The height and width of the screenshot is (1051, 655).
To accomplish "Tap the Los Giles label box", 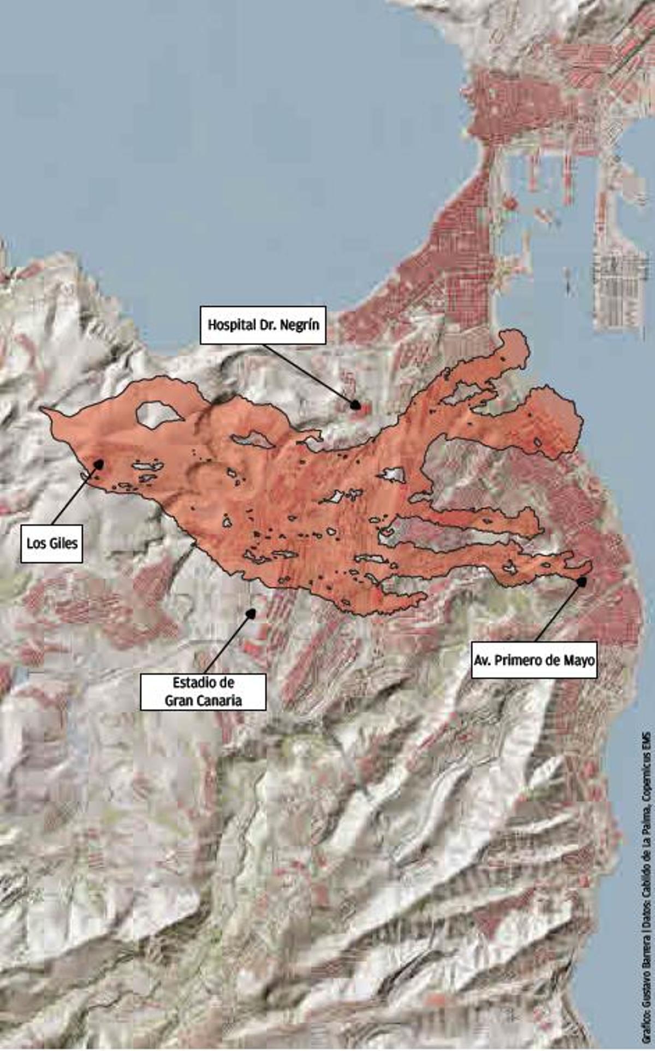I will (x=52, y=544).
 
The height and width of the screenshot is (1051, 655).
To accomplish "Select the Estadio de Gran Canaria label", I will (x=203, y=692).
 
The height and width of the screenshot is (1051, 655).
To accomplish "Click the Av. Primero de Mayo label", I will (x=534, y=660).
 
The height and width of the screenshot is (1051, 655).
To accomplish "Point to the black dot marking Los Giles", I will (x=99, y=463).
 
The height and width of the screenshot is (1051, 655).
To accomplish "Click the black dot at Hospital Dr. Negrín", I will (x=355, y=405).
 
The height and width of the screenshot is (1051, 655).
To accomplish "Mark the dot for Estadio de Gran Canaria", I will (x=251, y=613).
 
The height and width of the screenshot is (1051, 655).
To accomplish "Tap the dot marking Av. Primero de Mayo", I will (x=582, y=582).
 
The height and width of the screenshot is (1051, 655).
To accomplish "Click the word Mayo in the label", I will (x=582, y=660).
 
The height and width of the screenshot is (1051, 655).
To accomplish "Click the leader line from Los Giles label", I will (x=76, y=494).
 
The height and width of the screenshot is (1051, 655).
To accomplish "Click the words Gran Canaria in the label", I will (x=203, y=701).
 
